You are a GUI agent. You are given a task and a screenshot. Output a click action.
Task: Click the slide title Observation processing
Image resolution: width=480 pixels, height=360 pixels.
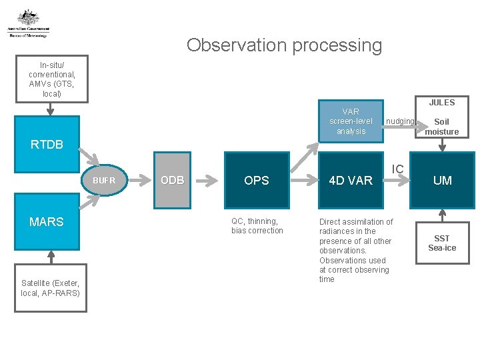point(284,45)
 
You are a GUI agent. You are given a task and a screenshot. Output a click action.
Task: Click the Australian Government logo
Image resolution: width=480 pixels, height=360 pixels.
point(28,23)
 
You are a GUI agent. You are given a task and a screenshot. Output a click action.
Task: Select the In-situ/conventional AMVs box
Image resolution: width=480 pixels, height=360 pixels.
point(52,79)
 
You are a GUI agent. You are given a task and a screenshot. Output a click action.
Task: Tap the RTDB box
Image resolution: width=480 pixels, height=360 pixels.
point(47,144)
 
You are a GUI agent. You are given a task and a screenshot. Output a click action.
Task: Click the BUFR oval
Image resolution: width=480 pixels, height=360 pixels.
point(104,180)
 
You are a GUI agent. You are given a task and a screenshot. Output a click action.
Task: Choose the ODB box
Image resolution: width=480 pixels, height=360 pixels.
point(173,180)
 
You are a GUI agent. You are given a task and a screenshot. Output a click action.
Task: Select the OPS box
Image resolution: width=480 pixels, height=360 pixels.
point(257,180)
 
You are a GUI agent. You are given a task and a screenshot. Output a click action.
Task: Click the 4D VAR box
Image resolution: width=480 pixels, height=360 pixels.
point(351,180)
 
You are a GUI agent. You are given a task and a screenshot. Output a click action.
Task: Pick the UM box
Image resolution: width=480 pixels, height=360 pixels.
point(442,180)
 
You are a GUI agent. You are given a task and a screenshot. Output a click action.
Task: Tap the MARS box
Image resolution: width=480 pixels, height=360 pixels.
point(47,221)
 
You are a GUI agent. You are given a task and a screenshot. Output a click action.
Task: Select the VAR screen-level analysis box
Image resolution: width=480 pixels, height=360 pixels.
point(351,122)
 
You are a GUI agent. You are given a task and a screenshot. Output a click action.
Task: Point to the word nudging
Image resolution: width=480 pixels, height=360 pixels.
point(400,121)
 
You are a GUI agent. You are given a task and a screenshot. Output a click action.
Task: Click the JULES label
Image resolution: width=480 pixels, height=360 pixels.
point(441,103)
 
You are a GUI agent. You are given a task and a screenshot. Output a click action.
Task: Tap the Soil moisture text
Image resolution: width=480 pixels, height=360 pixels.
point(441,127)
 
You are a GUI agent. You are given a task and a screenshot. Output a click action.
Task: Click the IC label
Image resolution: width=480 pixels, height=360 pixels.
point(397,169)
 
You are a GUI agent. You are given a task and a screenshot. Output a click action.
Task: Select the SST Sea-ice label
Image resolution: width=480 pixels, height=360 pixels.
point(441,243)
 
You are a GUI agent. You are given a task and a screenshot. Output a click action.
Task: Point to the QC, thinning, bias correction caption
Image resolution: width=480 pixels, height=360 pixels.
point(257,226)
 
